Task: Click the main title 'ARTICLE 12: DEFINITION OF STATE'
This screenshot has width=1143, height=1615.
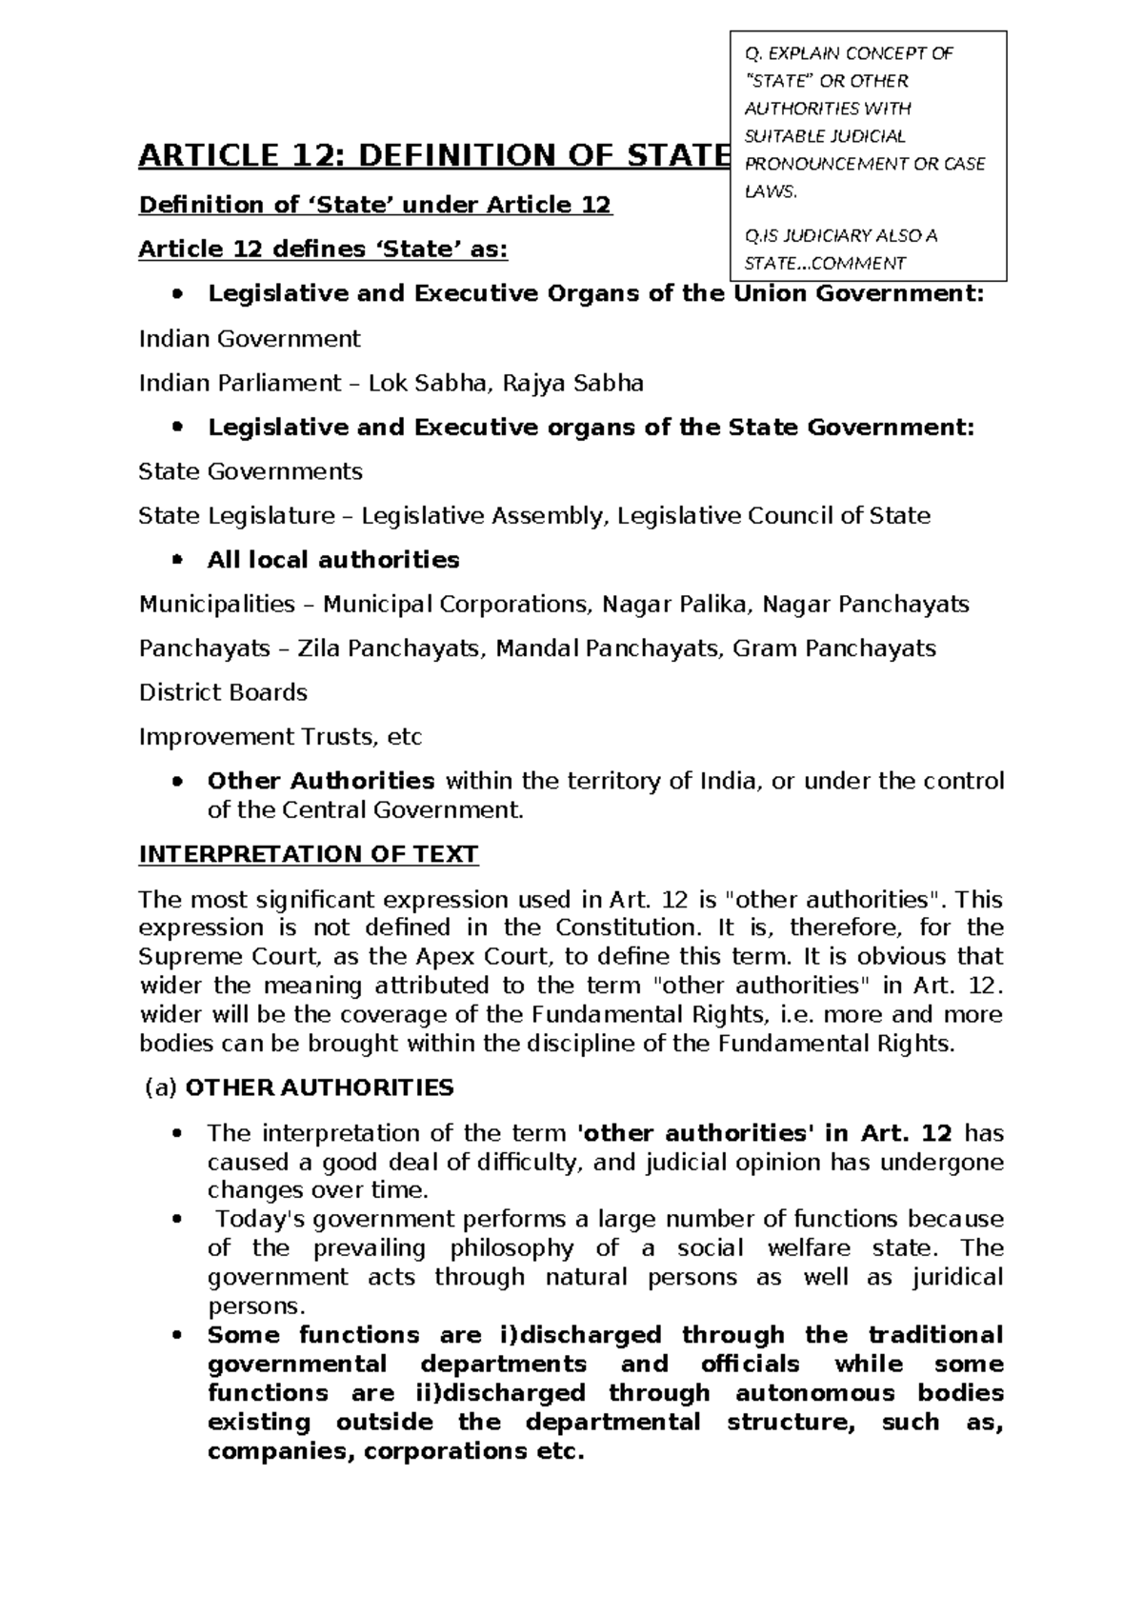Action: (x=433, y=154)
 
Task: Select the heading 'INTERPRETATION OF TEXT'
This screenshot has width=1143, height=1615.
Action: (x=308, y=854)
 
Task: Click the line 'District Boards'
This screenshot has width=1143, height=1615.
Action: (x=223, y=692)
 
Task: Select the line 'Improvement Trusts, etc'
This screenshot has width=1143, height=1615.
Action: (x=280, y=737)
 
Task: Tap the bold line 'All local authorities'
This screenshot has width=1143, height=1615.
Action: (x=333, y=560)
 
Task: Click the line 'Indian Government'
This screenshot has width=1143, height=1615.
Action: (x=250, y=339)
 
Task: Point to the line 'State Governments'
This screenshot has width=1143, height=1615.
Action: (x=251, y=471)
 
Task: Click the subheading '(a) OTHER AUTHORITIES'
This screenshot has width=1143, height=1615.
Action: (x=298, y=1087)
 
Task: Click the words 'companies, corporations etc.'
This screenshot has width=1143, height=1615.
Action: (x=394, y=1452)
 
